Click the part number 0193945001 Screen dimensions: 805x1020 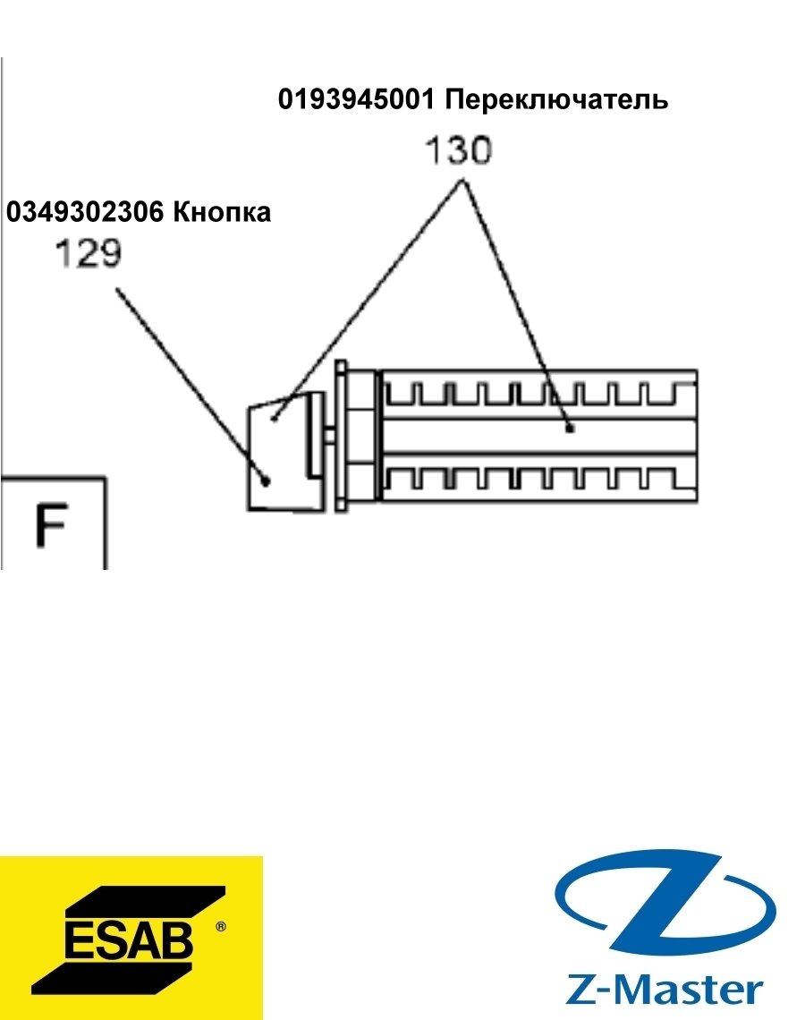[356, 99]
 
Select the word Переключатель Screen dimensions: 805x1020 [556, 100]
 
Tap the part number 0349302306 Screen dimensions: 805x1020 [85, 212]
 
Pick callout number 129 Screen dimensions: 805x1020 [89, 253]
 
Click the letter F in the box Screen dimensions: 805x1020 [51, 525]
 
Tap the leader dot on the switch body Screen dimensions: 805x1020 [570, 428]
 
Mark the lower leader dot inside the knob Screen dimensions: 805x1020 [266, 480]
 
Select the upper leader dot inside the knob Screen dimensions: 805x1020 [275, 418]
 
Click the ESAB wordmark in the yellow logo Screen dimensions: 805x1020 [129, 939]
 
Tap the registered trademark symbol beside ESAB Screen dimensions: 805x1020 [220, 926]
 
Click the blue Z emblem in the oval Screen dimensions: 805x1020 [665, 903]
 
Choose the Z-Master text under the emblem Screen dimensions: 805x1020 [664, 990]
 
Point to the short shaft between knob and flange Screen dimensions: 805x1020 [329, 435]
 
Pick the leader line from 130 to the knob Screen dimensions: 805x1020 [369, 300]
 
